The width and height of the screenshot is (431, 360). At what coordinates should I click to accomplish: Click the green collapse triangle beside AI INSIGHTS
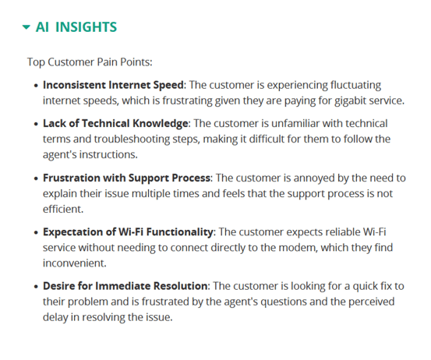pos(26,27)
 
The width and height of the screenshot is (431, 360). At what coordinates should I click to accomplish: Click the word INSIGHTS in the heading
pos(86,27)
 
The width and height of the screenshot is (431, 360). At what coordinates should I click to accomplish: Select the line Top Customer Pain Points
pos(90,62)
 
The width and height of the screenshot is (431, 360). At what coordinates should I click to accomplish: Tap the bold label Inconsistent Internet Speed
pos(113,85)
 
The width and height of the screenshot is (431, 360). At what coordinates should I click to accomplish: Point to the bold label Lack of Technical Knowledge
pos(115,123)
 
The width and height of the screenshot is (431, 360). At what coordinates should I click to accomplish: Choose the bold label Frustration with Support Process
pos(127,178)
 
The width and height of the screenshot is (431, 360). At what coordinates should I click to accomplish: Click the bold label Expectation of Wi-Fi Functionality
pos(128,232)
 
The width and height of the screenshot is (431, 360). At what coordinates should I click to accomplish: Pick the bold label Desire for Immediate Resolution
pos(125,286)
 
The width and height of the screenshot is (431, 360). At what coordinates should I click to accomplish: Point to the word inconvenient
pos(74,263)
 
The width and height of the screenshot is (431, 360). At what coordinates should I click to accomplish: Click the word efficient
pos(62,209)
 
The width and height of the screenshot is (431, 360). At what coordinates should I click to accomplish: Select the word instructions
pos(108,155)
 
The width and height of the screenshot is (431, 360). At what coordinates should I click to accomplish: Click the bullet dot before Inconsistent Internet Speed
pos(36,86)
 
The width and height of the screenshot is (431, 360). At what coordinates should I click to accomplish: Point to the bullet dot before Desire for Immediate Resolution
pos(36,287)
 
